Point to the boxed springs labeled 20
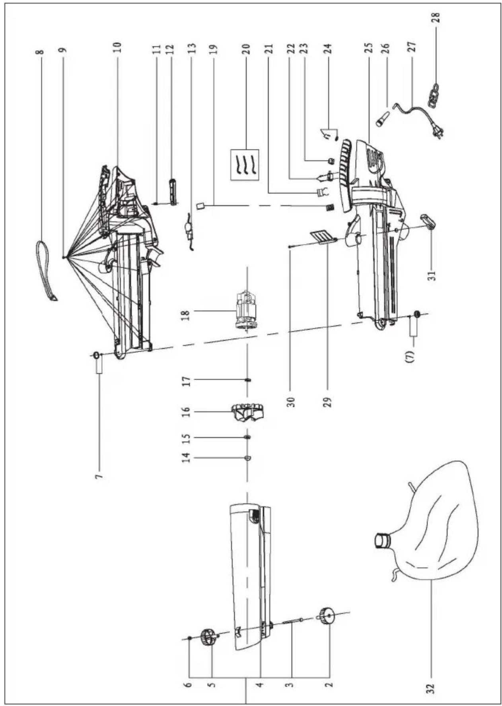point(245,165)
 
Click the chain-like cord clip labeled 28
point(433,95)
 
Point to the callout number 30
point(290,401)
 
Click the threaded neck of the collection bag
point(382,541)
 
